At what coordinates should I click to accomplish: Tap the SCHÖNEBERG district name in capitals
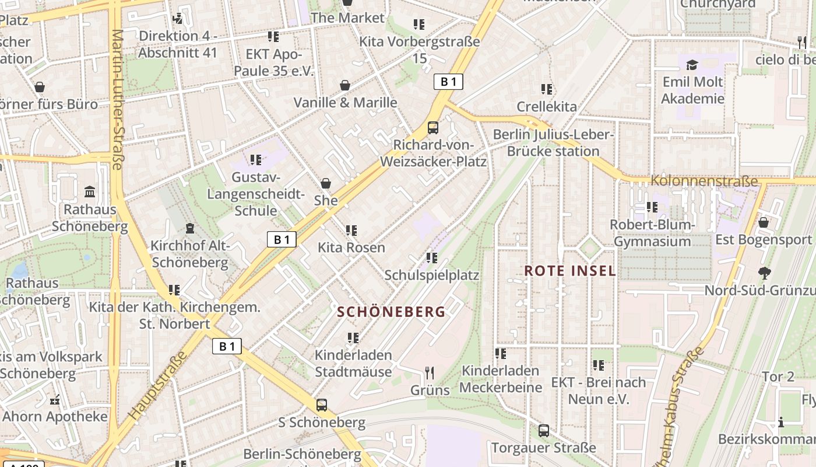coord(391,312)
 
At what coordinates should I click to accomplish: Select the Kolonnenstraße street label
coord(704,181)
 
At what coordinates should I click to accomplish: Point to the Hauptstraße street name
coord(159,385)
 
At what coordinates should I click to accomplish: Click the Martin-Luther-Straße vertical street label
coord(117,99)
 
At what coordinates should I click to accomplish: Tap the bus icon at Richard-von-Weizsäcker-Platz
coord(432,128)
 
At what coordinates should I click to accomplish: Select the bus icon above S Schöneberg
coord(321,405)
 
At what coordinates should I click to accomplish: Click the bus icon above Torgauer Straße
coord(543,431)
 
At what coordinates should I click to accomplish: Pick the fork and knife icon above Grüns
coord(430,373)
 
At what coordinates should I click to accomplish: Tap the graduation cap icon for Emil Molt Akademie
coord(692,65)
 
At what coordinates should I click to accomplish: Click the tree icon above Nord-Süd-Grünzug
coord(764,273)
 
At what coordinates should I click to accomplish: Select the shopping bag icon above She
coord(326,184)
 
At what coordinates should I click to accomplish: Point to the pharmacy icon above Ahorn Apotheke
coord(55,400)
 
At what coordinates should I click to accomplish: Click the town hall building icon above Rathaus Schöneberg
coord(90,192)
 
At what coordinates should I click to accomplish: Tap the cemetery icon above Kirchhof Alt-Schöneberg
coord(189,228)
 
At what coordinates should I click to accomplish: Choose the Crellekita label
coord(546,107)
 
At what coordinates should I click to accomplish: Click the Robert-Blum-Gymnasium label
coord(652,233)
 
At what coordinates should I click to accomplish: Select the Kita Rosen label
coord(351,248)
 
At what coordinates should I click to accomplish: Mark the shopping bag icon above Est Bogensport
coord(763,222)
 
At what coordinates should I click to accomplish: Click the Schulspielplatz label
coord(431,275)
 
